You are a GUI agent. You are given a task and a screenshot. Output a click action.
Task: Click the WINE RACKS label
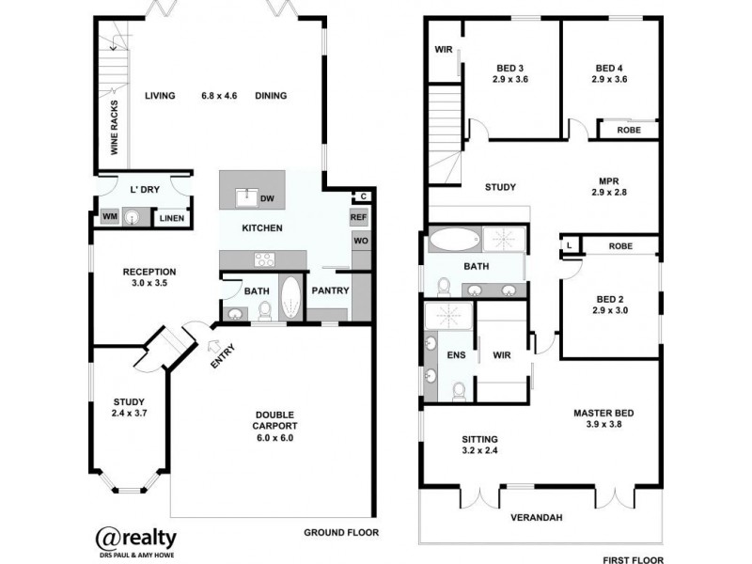point(115,127)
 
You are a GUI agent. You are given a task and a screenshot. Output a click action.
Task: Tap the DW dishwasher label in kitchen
point(266,198)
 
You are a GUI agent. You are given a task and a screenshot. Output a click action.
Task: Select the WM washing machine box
point(109,218)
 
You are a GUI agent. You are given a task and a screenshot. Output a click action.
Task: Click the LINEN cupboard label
point(170,218)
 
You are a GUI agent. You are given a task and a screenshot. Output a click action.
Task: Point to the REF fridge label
point(358,217)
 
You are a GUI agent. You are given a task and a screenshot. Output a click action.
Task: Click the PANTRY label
point(331,290)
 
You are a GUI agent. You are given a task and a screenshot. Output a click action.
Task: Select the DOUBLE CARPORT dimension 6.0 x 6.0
point(275,437)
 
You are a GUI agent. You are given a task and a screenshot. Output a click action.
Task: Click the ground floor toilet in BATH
point(265,310)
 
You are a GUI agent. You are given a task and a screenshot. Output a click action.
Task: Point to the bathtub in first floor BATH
point(454,240)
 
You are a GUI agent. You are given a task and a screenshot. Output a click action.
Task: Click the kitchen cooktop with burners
point(260,259)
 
